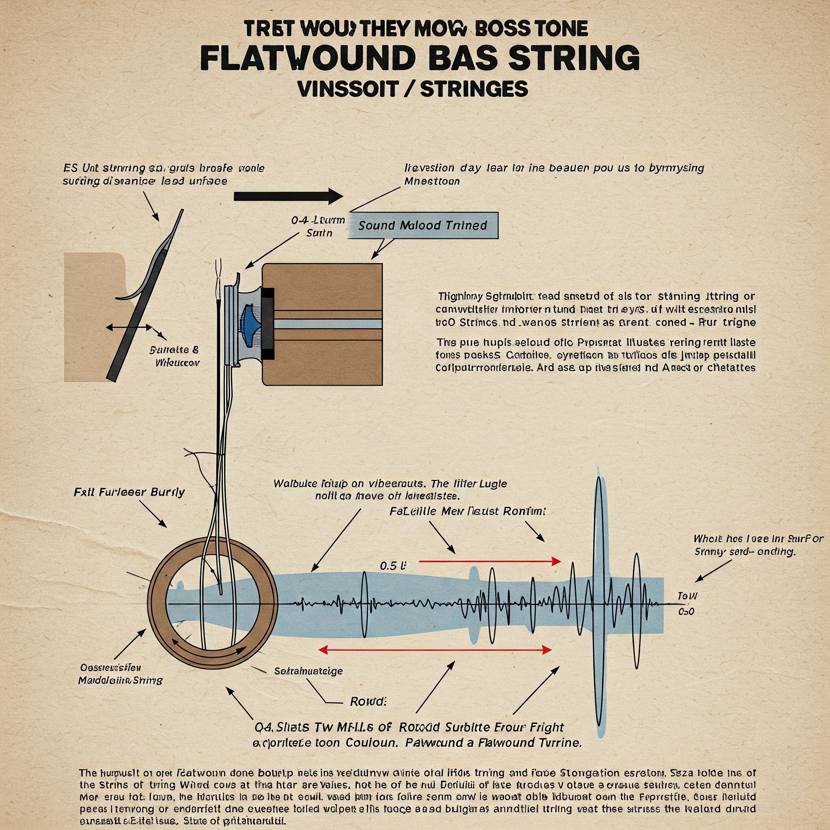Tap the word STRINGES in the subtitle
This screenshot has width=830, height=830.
473,88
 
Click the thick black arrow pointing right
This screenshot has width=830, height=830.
288,196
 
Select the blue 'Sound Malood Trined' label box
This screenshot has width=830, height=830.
422,226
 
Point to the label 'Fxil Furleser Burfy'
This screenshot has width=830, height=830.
129,492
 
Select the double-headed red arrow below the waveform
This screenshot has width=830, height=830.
434,650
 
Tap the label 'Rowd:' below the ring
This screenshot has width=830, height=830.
368,702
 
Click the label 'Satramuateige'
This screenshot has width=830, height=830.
308,671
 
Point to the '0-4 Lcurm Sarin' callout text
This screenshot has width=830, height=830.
318,227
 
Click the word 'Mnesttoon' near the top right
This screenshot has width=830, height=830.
432,181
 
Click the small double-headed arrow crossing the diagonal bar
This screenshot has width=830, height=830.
129,327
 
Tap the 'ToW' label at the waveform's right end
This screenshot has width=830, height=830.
687,596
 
